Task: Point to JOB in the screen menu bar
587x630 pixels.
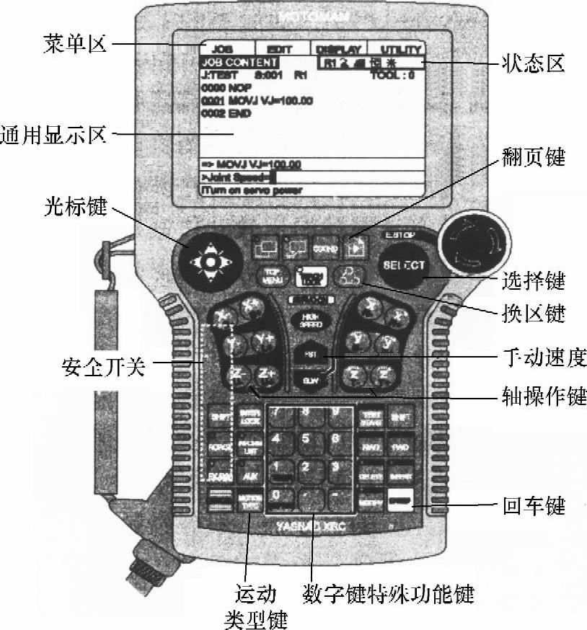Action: [223, 49]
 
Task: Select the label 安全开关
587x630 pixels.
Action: [104, 368]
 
